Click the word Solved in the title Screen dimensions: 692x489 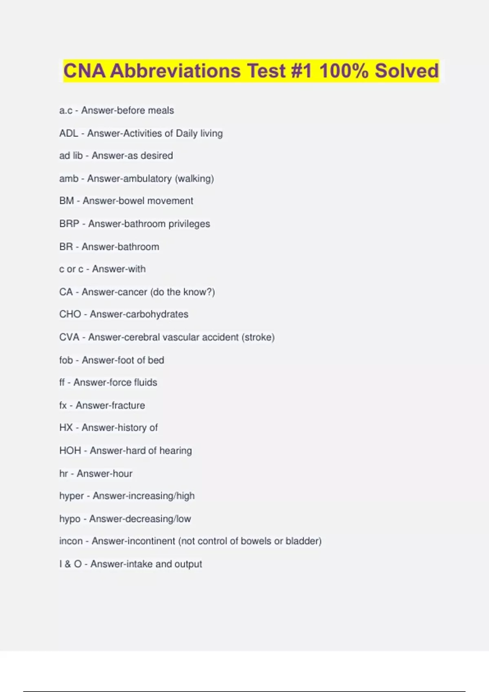[406, 71]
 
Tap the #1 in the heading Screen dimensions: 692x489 [302, 71]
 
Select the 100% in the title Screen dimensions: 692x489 [344, 71]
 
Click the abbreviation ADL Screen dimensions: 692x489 [68, 134]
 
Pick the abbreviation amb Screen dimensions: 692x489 [68, 179]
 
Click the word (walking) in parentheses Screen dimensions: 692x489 [194, 179]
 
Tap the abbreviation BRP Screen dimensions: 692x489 [69, 224]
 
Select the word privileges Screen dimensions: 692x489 [189, 224]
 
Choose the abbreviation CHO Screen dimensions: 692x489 [70, 314]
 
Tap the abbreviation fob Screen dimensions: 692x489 [66, 360]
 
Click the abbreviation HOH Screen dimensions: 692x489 [70, 451]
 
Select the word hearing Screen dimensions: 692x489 [176, 451]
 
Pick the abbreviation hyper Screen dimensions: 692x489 [71, 496]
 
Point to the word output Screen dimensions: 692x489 [188, 564]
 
